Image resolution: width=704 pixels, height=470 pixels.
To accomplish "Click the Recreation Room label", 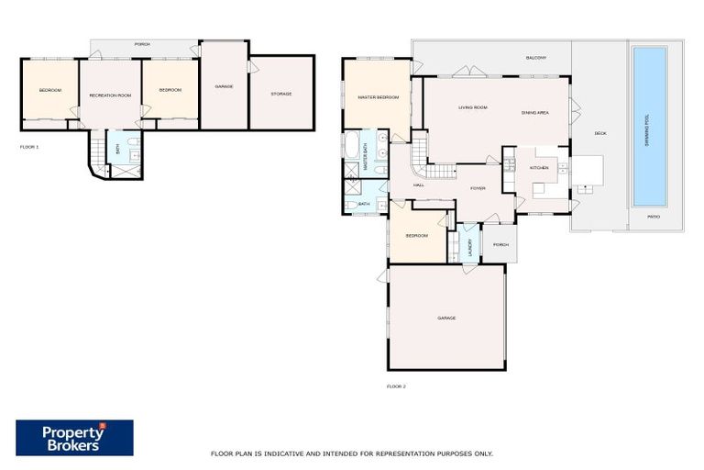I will [110, 95].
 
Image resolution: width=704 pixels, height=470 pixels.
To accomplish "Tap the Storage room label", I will [281, 94].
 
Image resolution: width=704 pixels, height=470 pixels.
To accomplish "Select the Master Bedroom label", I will [378, 97].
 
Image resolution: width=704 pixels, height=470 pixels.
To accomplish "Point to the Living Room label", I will [473, 108].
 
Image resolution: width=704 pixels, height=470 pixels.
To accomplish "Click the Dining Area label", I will [534, 112].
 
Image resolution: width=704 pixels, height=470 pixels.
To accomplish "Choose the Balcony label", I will [536, 58].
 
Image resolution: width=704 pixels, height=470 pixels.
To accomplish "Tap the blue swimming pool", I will [649, 125].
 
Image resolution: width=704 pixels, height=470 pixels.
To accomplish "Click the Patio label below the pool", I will [654, 217].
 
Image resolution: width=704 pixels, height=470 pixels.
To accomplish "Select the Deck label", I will [600, 134].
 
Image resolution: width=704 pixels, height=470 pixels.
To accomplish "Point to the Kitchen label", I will [539, 168].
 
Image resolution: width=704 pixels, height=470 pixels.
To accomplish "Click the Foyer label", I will [478, 188].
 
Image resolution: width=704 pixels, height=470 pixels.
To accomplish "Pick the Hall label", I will [418, 185].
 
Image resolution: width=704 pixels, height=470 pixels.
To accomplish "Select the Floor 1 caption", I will [29, 147].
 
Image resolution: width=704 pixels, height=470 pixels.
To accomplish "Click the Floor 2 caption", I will [396, 386].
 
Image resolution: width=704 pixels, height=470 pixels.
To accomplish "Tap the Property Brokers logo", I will [74, 438].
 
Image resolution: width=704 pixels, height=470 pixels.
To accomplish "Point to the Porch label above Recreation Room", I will [142, 44].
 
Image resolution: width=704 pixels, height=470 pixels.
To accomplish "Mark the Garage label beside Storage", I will [224, 86].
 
